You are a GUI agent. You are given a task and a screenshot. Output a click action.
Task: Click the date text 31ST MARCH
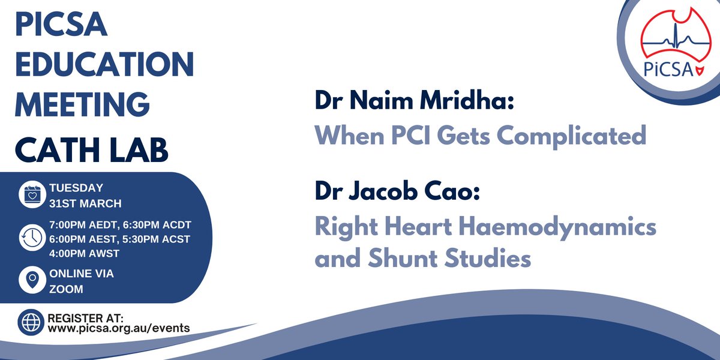click(x=84, y=202)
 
